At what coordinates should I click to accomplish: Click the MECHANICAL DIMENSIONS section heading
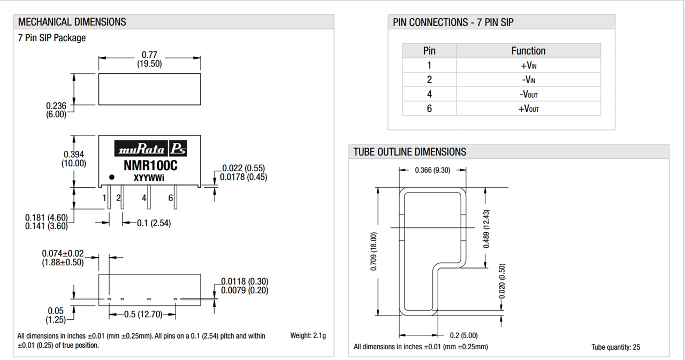72,22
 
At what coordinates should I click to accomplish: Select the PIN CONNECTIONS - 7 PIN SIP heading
453,22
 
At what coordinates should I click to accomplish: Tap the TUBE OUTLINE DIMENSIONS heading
409,152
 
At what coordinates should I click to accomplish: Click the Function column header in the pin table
528,51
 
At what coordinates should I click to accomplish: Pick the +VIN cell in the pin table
528,65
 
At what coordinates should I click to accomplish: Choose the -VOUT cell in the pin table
528,94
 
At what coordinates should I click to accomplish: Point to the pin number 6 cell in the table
429,109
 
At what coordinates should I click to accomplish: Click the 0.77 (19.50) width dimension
149,59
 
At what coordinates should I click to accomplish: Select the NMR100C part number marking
150,165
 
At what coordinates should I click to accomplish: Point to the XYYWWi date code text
149,178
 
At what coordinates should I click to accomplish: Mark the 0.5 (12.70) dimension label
143,315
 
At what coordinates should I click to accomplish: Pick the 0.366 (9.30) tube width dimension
432,170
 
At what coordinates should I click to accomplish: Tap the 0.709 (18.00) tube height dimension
374,251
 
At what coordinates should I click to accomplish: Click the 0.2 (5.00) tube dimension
463,335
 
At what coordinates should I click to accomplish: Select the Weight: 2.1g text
308,336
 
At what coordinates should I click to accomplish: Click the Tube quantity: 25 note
615,347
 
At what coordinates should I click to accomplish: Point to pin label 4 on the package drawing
144,198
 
